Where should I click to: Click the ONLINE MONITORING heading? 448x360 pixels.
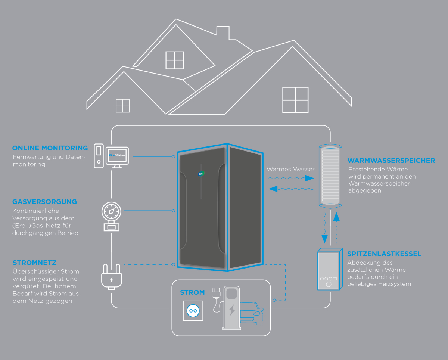point(50,148)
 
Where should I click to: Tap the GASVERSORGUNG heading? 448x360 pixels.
point(44,202)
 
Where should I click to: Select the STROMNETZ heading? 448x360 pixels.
point(35,263)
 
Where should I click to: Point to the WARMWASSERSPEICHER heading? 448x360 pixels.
point(391,161)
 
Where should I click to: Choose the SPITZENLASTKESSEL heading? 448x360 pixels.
point(384,254)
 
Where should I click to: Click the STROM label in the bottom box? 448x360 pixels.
point(192,292)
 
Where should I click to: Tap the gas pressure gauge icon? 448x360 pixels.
point(111,217)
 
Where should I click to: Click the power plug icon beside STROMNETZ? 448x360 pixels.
point(112,277)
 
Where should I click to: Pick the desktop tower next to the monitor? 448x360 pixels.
point(99,156)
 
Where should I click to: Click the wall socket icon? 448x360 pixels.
point(193,311)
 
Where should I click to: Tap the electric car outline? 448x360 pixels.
point(252,313)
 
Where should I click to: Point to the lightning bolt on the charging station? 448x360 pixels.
point(232,310)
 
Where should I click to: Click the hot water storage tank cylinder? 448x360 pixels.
point(330,176)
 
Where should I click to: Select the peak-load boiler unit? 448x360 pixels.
point(330,269)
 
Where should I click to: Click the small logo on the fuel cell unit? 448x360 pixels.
point(201,173)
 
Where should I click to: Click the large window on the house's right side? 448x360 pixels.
point(295,100)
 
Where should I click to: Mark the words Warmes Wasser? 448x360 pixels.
point(290,169)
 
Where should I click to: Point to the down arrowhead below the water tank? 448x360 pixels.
point(324,239)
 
